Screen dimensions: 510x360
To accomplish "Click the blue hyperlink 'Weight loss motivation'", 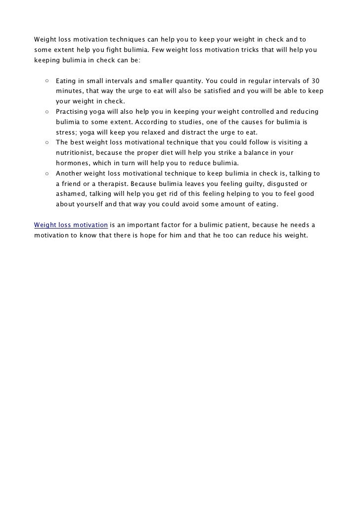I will click(71, 225).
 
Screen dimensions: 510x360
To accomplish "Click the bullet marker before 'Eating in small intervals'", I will click(46, 80).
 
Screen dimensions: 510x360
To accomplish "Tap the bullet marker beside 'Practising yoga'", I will click(46, 111).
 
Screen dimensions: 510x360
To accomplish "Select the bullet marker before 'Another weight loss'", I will click(46, 174).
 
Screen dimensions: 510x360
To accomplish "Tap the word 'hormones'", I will click(72, 163).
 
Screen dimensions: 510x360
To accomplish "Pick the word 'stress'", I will click(65, 132).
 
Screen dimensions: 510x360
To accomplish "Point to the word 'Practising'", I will click(73, 111).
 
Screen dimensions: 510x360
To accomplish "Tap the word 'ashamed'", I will click(71, 194).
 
